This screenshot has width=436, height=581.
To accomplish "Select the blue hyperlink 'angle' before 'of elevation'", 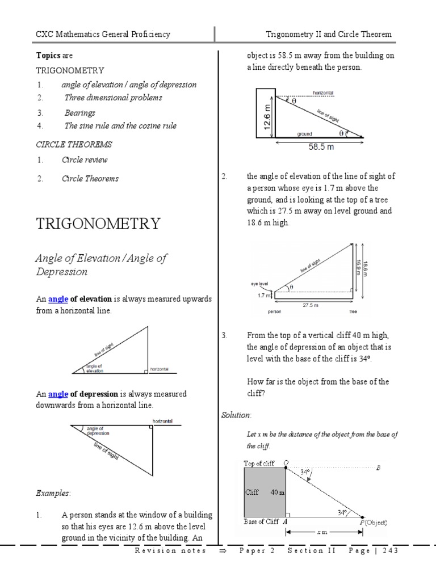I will [58, 299].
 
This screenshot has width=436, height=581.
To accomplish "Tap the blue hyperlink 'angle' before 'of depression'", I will [58, 394].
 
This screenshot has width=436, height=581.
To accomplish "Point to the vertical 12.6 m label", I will [267, 116].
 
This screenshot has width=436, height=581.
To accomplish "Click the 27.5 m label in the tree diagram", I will [310, 305].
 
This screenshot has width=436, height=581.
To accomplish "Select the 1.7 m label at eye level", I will [264, 295].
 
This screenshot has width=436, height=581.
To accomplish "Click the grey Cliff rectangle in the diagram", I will [264, 491].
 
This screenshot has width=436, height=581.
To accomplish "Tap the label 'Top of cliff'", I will [259, 464].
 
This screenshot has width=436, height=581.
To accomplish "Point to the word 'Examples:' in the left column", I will [54, 492].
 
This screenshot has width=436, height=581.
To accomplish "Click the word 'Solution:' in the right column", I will [236, 415].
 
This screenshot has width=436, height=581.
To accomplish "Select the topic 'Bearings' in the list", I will [79, 113].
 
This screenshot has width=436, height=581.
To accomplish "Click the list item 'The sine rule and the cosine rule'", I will [120, 126].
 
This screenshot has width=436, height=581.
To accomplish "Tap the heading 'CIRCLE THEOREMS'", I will [74, 145].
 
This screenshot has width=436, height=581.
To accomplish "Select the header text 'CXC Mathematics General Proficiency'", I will [103, 35].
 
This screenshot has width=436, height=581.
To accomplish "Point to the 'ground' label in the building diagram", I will [305, 134].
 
